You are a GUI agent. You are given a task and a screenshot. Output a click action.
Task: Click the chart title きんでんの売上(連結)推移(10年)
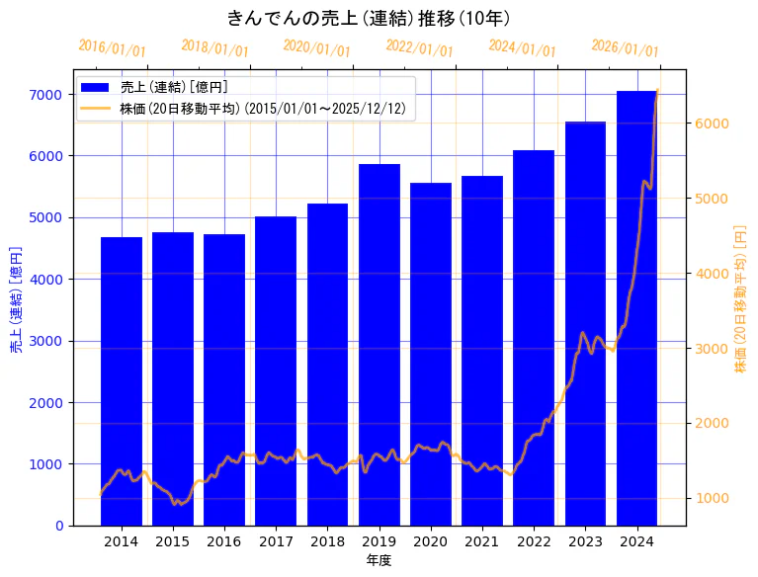(x=368, y=18)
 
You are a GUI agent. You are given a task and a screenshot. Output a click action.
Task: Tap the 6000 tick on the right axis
(x=712, y=124)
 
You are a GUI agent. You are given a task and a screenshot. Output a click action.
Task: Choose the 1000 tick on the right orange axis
(x=712, y=498)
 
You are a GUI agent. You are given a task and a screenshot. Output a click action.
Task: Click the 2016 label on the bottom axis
(x=224, y=541)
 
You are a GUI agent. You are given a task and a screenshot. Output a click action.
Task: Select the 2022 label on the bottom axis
(x=534, y=541)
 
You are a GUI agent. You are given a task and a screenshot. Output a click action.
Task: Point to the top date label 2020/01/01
(x=317, y=48)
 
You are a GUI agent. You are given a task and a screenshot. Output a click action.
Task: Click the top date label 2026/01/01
(x=625, y=48)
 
